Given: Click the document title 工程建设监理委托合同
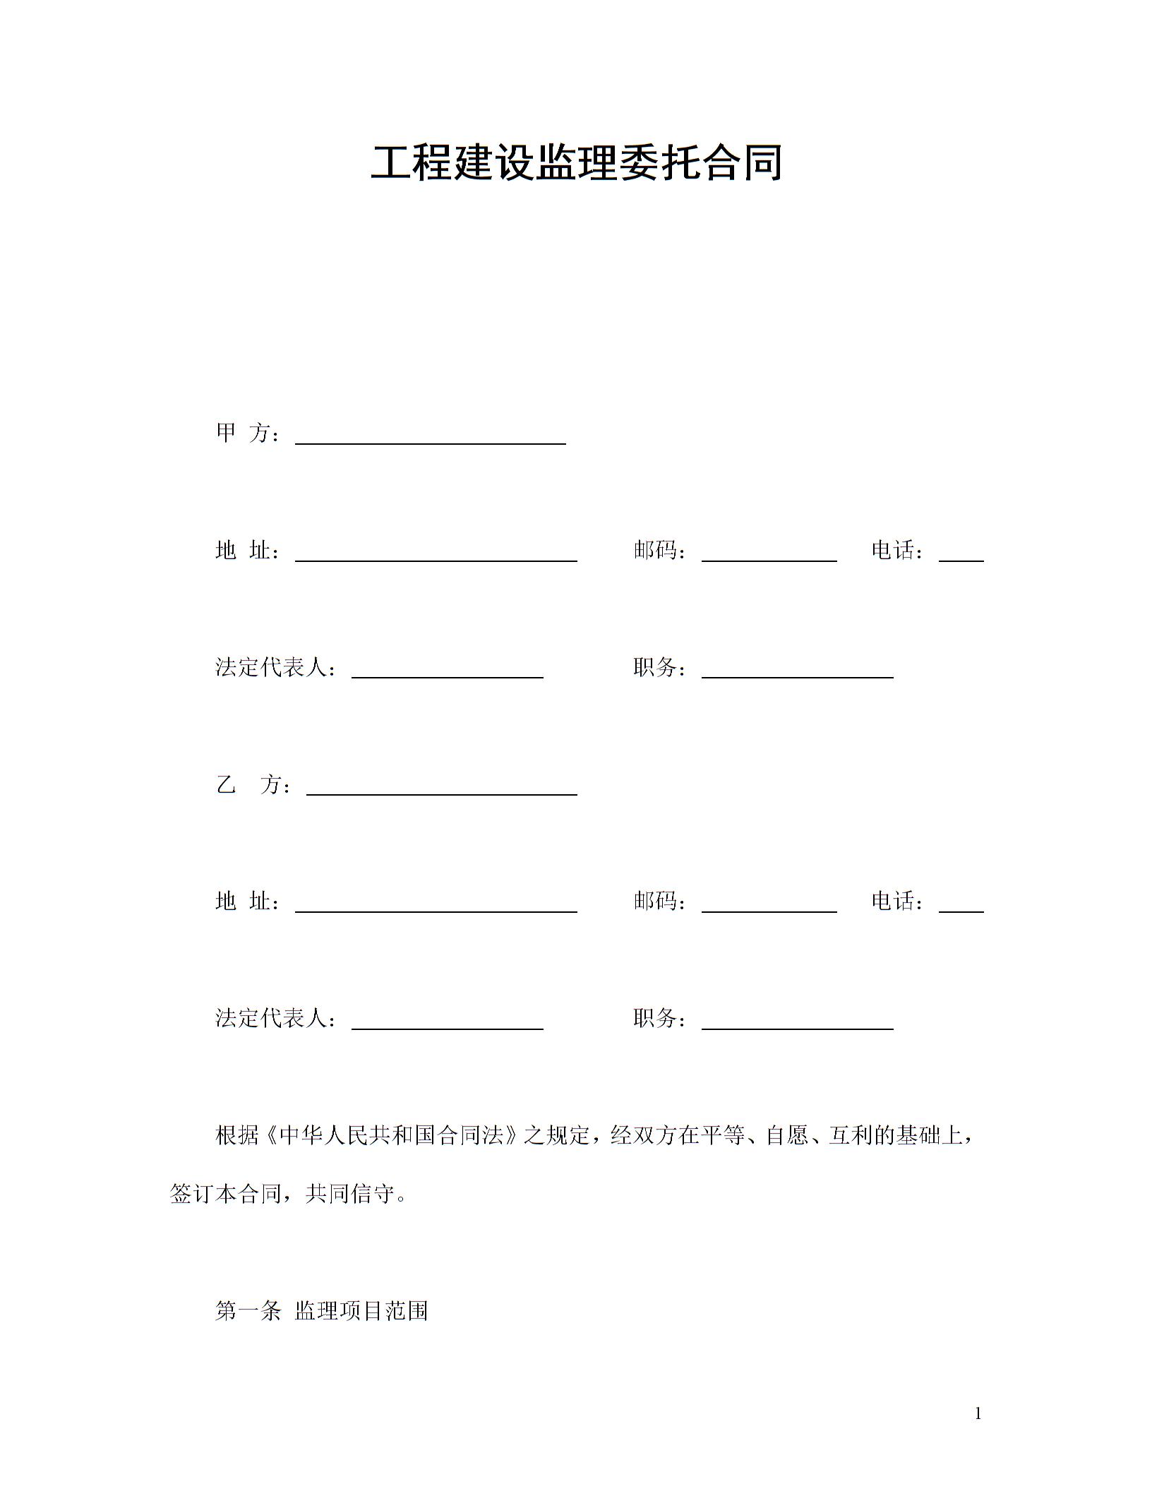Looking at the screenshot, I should tap(576, 163).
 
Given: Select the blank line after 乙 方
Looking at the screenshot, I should tap(441, 789).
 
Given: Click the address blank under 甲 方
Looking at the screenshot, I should tap(436, 554).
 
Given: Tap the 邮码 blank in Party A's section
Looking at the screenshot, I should tap(769, 554).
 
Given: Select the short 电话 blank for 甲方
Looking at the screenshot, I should tap(961, 554).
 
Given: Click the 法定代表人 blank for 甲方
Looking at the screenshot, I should tap(447, 671).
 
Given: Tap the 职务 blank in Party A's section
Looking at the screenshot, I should tap(797, 671).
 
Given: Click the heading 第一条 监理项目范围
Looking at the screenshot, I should tap(321, 1311).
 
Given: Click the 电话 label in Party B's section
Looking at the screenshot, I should tap(896, 902).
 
